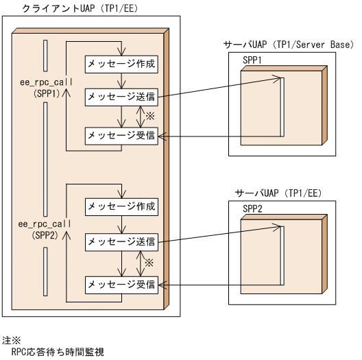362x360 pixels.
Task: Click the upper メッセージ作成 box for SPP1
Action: point(121,64)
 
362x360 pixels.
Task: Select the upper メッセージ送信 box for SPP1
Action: point(121,97)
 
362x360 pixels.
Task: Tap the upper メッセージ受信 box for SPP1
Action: point(121,136)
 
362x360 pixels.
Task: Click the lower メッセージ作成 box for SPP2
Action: point(121,206)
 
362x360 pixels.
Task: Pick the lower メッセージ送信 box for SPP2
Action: point(121,241)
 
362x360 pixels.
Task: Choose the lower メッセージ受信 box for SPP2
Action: point(121,283)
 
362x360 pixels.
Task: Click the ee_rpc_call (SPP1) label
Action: point(42,86)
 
